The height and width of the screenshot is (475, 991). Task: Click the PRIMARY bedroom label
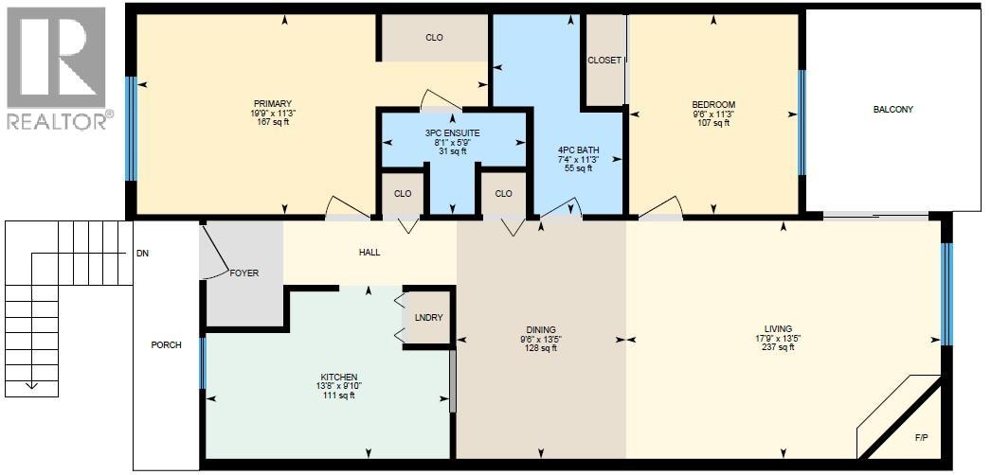tap(272, 104)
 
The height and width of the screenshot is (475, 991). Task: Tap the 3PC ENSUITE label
tap(453, 133)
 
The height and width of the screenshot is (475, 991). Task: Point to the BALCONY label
tap(892, 110)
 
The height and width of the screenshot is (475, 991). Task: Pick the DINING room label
tap(541, 330)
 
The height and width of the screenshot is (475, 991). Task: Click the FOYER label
tap(243, 273)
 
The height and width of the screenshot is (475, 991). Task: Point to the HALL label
tap(369, 253)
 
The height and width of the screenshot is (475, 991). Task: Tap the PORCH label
tap(167, 344)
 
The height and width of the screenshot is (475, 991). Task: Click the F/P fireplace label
tap(921, 438)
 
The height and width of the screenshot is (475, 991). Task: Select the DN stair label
tap(142, 254)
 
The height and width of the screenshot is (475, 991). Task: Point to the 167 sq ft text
tap(272, 123)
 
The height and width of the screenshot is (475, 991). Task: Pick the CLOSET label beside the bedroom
tap(604, 61)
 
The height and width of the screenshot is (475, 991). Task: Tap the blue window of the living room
tap(945, 294)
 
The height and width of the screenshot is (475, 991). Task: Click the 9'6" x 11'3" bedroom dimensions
tap(713, 114)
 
